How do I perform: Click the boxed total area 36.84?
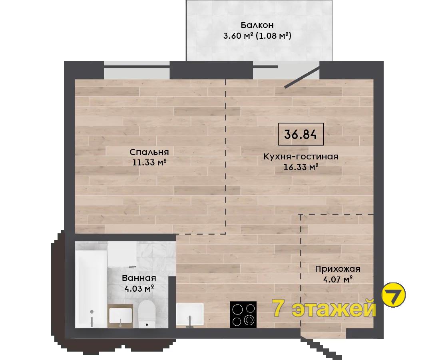point(301,134)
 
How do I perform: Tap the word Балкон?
point(257,25)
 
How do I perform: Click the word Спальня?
point(149,152)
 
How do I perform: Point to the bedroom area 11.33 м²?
point(149,162)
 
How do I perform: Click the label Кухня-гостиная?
point(301,156)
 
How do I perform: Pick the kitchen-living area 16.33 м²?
point(301,167)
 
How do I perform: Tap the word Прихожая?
point(338,269)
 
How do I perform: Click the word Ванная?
point(139,278)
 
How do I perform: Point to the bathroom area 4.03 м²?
point(139,288)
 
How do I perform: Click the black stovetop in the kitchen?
point(243,314)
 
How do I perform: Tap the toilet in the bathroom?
point(146,314)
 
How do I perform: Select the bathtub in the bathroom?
point(91,288)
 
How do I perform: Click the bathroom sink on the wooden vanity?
point(120,316)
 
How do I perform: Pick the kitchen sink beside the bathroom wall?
point(190,314)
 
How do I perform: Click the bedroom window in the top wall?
point(137,70)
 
